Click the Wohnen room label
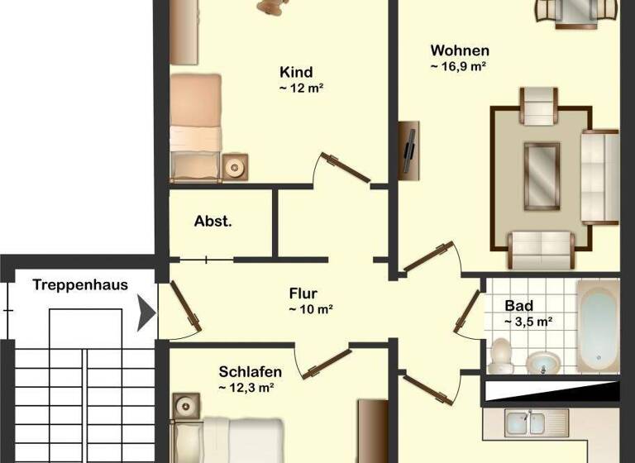(x=459, y=50)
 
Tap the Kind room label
(x=296, y=72)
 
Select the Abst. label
(x=212, y=222)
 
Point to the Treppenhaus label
(x=80, y=285)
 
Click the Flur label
(x=303, y=293)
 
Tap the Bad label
(x=518, y=305)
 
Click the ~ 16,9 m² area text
(x=456, y=67)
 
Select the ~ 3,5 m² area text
(x=528, y=322)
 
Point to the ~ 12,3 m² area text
(x=246, y=387)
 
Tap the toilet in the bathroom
(x=499, y=355)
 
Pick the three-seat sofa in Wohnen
(x=599, y=177)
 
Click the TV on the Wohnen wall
(x=408, y=150)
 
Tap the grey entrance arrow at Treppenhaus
(x=146, y=314)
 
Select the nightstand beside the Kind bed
(x=235, y=167)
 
